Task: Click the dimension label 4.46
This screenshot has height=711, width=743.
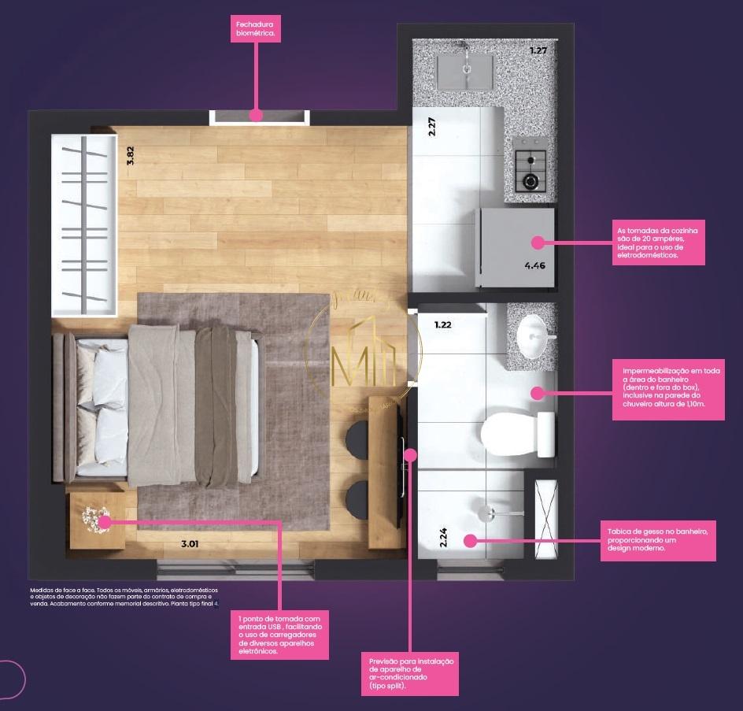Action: (535, 265)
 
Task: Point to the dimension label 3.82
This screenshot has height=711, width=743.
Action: (131, 155)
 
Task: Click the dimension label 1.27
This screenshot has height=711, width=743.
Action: (538, 51)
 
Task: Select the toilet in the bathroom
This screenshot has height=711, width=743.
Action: (516, 432)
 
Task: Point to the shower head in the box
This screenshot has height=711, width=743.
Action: (487, 513)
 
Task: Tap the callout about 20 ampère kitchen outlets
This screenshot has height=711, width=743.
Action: (660, 243)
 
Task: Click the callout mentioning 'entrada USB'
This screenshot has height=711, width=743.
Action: (279, 634)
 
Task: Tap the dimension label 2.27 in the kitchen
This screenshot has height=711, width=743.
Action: (432, 128)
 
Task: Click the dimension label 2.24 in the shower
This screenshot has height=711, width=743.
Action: (444, 537)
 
